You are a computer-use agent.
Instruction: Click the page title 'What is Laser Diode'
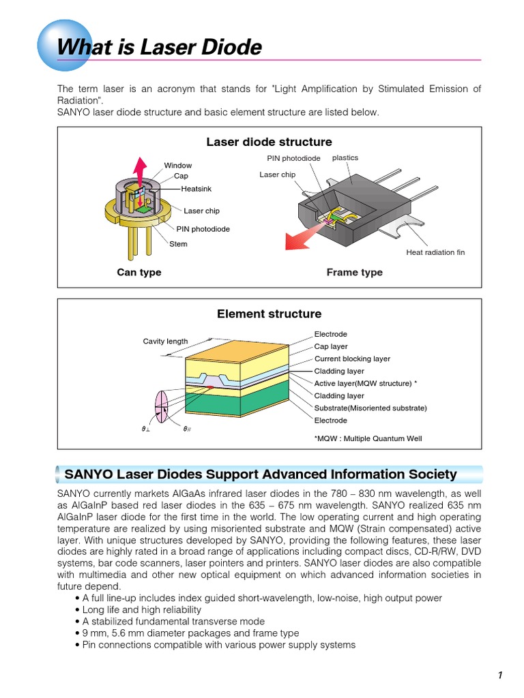pyautogui.click(x=159, y=47)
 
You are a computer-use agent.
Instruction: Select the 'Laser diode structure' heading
pyautogui.click(x=269, y=142)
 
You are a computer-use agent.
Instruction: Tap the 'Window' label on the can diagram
pyautogui.click(x=177, y=166)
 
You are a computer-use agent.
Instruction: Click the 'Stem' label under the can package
pyautogui.click(x=178, y=244)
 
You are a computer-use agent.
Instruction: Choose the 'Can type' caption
pyautogui.click(x=139, y=273)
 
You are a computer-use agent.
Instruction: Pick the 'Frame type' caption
pyautogui.click(x=354, y=273)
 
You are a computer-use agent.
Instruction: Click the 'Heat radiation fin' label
pyautogui.click(x=435, y=252)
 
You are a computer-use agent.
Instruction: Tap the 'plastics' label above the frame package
pyautogui.click(x=345, y=158)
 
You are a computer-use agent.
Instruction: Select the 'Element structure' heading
pyautogui.click(x=269, y=314)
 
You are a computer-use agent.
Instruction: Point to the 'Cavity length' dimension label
pyautogui.click(x=165, y=341)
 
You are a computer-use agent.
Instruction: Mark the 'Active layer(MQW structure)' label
pyautogui.click(x=365, y=383)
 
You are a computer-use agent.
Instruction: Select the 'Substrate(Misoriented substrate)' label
pyautogui.click(x=370, y=408)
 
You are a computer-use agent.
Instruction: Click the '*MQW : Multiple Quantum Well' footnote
pyautogui.click(x=368, y=438)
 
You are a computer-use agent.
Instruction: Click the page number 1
pyautogui.click(x=500, y=676)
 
